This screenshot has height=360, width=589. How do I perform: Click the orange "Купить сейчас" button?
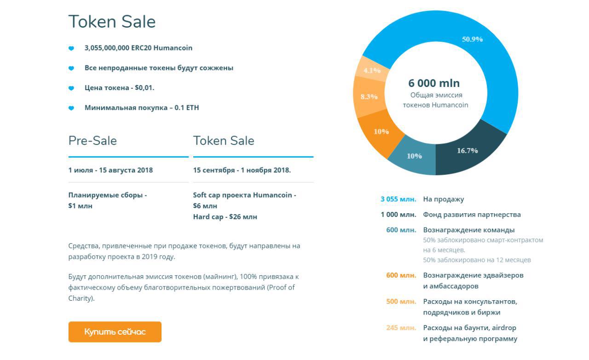(x=115, y=331)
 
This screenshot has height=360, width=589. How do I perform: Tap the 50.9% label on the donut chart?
(x=472, y=39)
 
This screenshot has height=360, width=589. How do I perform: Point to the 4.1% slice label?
(x=372, y=70)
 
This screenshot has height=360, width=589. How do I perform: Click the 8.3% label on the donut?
(x=369, y=97)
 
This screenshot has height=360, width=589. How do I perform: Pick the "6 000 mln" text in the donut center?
(x=434, y=83)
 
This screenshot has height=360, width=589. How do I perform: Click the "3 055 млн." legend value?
(x=398, y=199)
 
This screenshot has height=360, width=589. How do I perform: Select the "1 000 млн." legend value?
(x=398, y=214)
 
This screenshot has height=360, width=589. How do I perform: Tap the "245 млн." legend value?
(x=401, y=328)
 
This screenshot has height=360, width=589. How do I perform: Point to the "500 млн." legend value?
(x=401, y=302)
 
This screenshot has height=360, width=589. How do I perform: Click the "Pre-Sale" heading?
(x=92, y=141)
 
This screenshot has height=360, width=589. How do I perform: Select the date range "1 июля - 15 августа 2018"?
(x=110, y=170)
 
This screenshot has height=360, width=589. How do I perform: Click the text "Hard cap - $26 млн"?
(x=225, y=217)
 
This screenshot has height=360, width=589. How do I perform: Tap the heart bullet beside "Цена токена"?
(x=71, y=88)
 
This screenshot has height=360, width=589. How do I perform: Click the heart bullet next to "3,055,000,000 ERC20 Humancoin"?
(x=71, y=48)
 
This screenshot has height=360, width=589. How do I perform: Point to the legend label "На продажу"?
(x=443, y=199)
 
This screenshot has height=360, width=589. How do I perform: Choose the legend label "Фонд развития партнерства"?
(x=472, y=215)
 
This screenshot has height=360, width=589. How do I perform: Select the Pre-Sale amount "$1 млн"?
(x=80, y=206)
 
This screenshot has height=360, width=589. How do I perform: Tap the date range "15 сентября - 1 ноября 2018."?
(x=242, y=170)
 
